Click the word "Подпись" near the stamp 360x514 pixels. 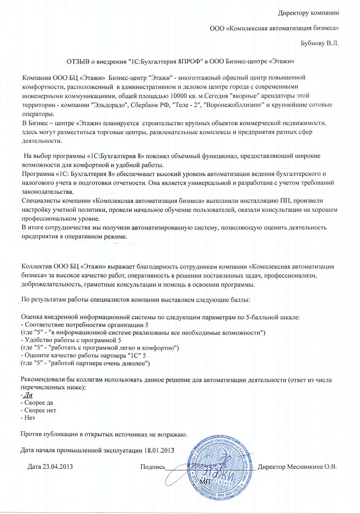153,467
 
